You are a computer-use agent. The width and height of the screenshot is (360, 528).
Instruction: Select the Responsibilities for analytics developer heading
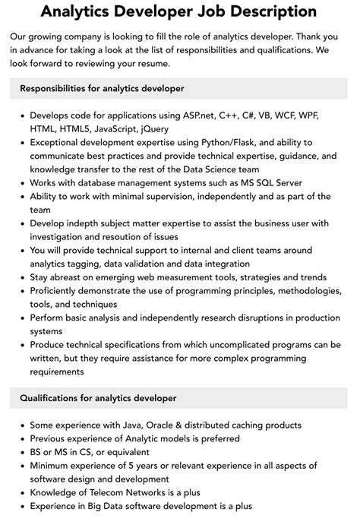tap(102, 89)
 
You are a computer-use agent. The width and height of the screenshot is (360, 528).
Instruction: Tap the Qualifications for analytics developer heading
tap(98, 397)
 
